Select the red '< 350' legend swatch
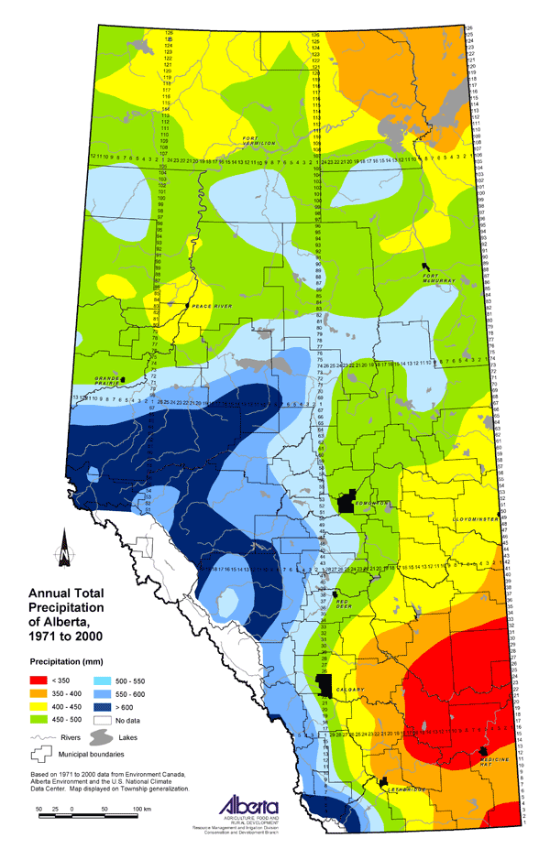click(x=45, y=681)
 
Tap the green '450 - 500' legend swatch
click(x=45, y=723)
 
